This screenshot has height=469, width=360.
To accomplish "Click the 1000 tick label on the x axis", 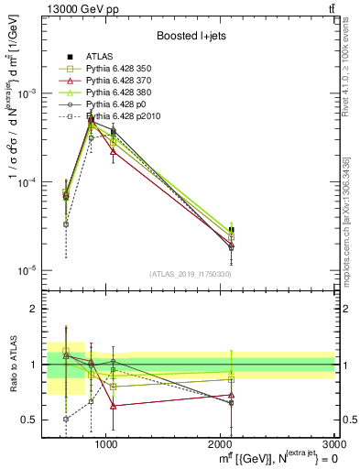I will [x=107, y=443].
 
